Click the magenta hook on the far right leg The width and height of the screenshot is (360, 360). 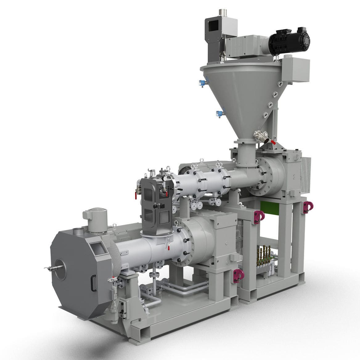(x=307, y=207)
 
